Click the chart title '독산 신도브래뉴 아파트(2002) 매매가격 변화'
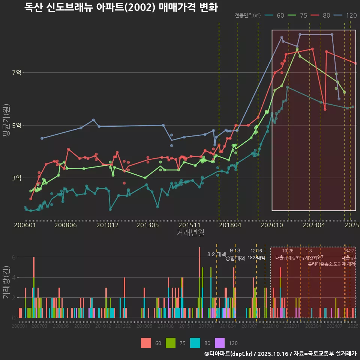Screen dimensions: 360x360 pos(121,7)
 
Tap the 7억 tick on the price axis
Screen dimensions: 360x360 pos(16,73)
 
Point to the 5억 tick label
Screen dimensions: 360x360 pos(16,125)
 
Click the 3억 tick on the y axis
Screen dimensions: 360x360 pos(16,178)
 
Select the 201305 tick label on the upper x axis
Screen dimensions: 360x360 pos(147,225)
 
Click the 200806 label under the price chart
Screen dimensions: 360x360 pos(65,225)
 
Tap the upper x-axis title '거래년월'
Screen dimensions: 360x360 pos(190,233)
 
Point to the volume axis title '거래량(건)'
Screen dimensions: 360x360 pos(6,283)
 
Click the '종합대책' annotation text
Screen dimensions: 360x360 pos(235,258)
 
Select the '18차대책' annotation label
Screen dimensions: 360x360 pos(256,258)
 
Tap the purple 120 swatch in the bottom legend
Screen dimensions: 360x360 pos(220,343)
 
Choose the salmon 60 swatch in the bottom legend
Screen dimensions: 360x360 pos(146,343)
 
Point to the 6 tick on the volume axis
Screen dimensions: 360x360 pos(13,257)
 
